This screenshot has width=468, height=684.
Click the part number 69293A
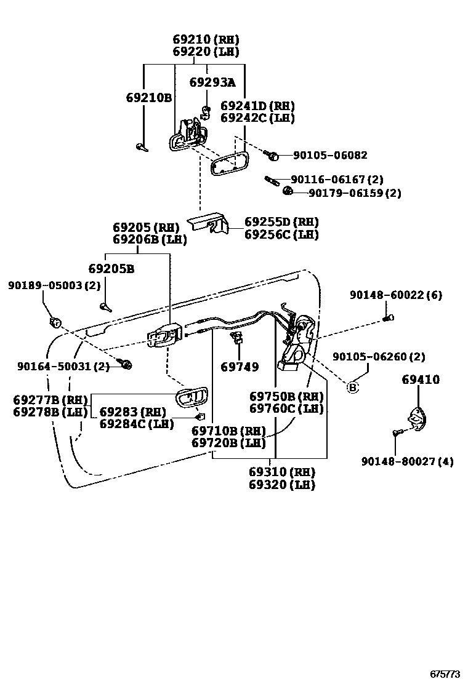point(212,82)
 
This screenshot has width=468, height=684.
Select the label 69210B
point(148,98)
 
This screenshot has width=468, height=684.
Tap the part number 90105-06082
point(329,156)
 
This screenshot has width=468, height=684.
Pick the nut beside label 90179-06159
point(287,192)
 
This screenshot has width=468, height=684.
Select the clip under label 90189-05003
point(55,322)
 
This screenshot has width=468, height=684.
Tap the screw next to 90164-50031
point(127,365)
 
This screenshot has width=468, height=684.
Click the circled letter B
point(352,387)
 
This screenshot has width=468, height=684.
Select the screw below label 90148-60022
point(387,317)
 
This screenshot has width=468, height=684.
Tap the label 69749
point(240,367)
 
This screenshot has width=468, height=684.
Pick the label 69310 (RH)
point(281,472)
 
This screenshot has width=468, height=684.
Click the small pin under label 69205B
point(105,306)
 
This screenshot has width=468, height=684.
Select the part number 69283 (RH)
point(132,411)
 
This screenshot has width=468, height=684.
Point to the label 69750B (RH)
point(286,396)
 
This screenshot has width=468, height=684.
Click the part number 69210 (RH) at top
point(205,40)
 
